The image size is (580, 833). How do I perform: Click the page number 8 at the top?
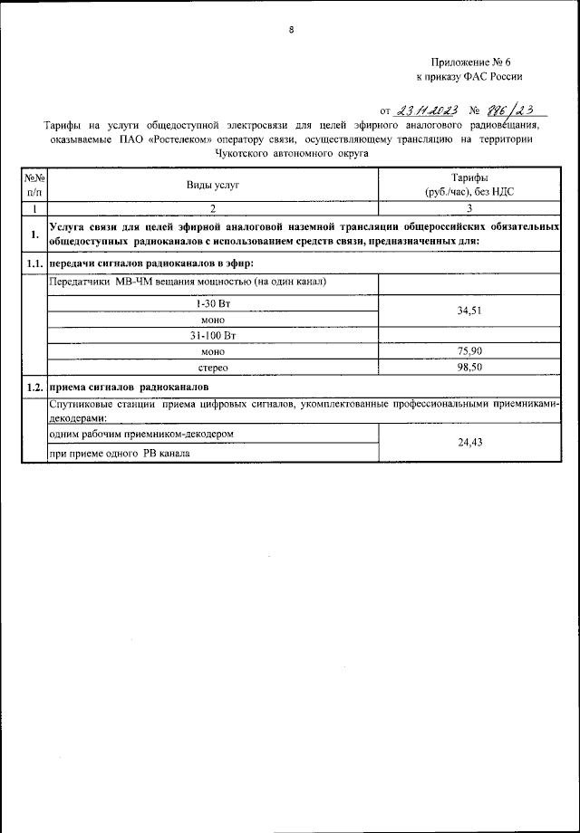(x=291, y=30)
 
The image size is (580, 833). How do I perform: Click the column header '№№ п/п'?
(x=34, y=186)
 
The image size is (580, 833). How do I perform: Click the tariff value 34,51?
(x=469, y=311)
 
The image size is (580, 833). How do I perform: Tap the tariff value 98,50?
(x=469, y=368)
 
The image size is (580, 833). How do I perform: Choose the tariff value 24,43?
(x=469, y=443)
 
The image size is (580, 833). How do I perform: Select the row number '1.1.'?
(x=34, y=263)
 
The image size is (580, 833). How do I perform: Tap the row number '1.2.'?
(x=34, y=387)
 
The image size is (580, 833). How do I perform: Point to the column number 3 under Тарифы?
(x=469, y=208)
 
